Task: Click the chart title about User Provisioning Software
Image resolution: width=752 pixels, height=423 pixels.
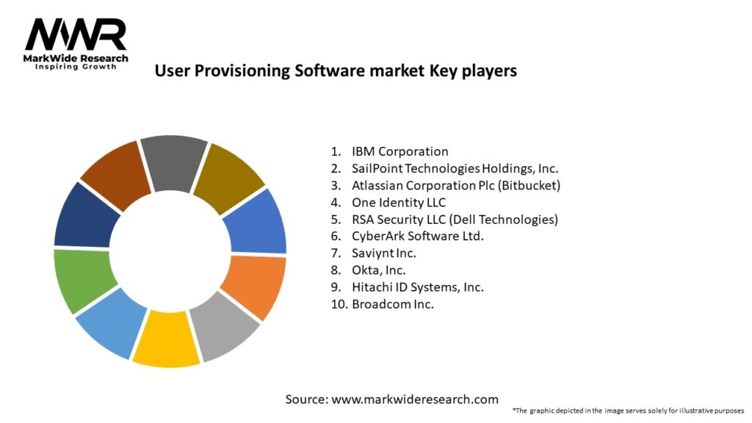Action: pyautogui.click(x=336, y=70)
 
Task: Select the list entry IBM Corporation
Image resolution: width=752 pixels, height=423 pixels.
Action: pyautogui.click(x=399, y=152)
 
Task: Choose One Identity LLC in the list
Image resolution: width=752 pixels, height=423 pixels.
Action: pyautogui.click(x=398, y=203)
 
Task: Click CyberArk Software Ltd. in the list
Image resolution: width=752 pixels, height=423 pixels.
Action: pyautogui.click(x=418, y=236)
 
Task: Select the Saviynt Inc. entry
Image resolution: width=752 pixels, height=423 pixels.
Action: pyautogui.click(x=383, y=253)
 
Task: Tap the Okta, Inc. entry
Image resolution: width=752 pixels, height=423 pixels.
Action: pyautogui.click(x=380, y=270)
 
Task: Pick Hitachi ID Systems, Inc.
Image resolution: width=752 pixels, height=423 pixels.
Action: pyautogui.click(x=417, y=287)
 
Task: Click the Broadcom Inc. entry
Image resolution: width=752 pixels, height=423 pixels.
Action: pyautogui.click(x=392, y=304)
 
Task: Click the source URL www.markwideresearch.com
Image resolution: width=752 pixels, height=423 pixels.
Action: pyautogui.click(x=392, y=399)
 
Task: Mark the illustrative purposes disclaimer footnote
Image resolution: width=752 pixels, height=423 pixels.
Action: pyautogui.click(x=628, y=411)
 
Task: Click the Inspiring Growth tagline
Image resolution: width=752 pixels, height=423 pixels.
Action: pyautogui.click(x=76, y=67)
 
